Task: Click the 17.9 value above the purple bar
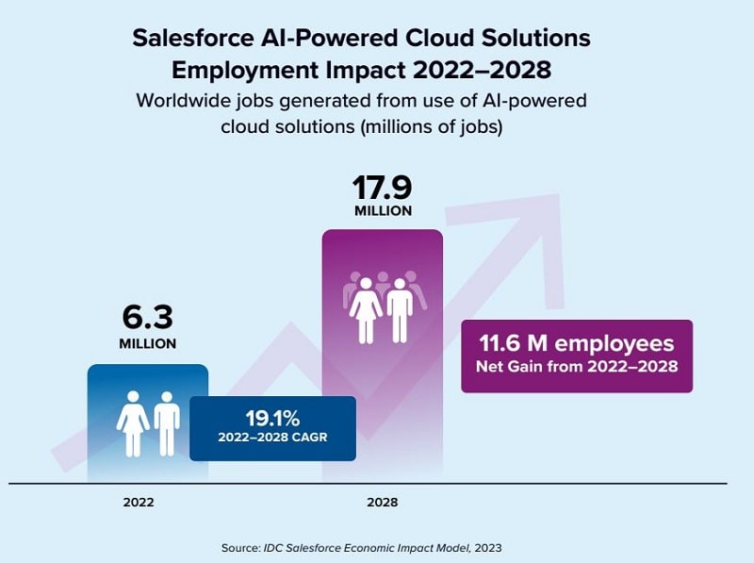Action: pyautogui.click(x=383, y=187)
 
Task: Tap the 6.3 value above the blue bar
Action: pyautogui.click(x=148, y=317)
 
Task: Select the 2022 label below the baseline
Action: pyautogui.click(x=139, y=503)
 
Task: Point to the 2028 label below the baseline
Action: pyautogui.click(x=383, y=503)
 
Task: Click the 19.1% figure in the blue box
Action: pyautogui.click(x=272, y=419)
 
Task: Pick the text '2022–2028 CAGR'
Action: pyautogui.click(x=272, y=438)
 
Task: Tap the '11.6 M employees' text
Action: pyautogui.click(x=577, y=343)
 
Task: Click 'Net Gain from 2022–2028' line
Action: pyautogui.click(x=577, y=367)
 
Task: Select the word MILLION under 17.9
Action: pyautogui.click(x=384, y=210)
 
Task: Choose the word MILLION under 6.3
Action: pyautogui.click(x=148, y=343)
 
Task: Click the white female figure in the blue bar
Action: pyautogui.click(x=133, y=424)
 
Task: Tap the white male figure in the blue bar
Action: pyautogui.click(x=167, y=424)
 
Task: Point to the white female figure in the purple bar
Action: pyautogui.click(x=366, y=310)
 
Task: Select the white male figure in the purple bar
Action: pyautogui.click(x=400, y=310)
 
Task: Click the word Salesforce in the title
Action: pyautogui.click(x=193, y=38)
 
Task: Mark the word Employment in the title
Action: pyautogui.click(x=245, y=71)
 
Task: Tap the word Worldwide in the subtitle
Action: pyautogui.click(x=186, y=101)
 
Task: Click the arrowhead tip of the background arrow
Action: pyautogui.click(x=559, y=195)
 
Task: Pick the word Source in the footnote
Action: pyautogui.click(x=240, y=548)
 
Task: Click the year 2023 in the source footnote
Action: pyautogui.click(x=487, y=548)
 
